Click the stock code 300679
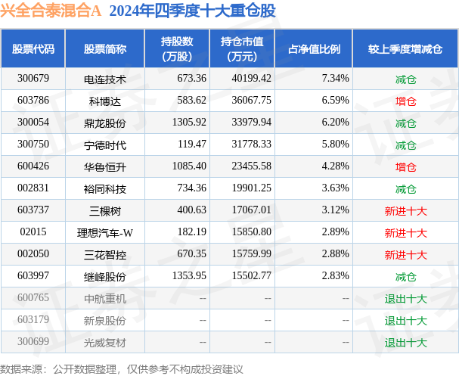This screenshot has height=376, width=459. (33, 78)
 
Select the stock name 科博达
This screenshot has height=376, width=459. (105, 100)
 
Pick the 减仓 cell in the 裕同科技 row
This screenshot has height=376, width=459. (406, 188)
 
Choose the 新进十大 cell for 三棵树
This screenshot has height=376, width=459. (406, 210)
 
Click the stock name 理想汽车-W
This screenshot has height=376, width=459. (105, 232)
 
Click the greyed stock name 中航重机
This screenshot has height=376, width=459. (105, 299)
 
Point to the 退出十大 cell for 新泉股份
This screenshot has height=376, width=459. (406, 321)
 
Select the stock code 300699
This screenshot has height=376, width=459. (33, 343)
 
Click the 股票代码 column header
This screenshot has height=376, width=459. (33, 49)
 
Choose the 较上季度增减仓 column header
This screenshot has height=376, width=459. (406, 49)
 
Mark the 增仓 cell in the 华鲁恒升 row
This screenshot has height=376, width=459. (406, 166)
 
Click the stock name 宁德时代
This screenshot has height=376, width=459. (105, 144)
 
